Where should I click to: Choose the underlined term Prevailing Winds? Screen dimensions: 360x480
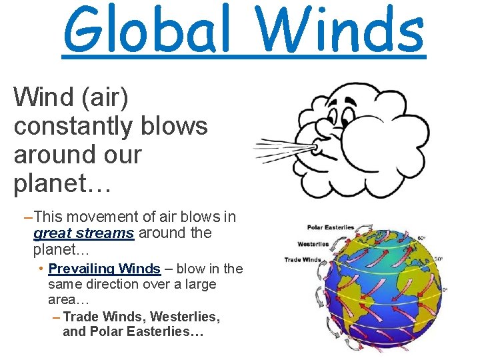point(105,269)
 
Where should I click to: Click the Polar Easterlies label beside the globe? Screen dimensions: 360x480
point(330,228)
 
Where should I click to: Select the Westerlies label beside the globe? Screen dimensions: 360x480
point(313,244)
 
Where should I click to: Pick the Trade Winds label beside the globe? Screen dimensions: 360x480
point(303,259)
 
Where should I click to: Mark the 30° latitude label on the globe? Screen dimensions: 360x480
point(439,259)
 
